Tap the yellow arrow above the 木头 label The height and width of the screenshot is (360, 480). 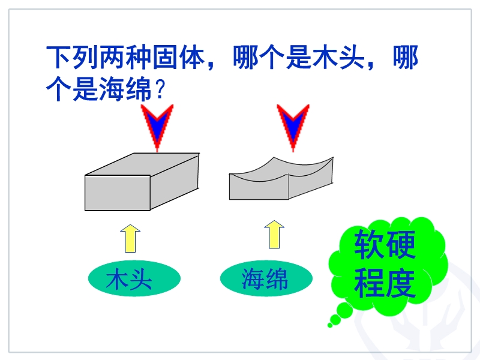point(130,238)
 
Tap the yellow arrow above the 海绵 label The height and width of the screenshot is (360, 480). point(274,235)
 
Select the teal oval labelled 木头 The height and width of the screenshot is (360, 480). point(134,278)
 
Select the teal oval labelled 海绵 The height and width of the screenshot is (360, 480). point(266,278)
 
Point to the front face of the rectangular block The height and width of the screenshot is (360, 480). point(118,193)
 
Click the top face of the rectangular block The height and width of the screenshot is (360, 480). point(142,164)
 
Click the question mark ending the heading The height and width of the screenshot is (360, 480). point(160,89)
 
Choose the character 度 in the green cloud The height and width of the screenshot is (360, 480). point(401,283)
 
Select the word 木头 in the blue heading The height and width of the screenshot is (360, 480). point(338,58)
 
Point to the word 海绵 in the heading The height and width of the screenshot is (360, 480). point(125,89)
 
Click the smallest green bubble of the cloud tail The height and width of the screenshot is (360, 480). point(330,325)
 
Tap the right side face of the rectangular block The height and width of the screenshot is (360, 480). point(175,182)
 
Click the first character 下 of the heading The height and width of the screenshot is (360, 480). point(59,58)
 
